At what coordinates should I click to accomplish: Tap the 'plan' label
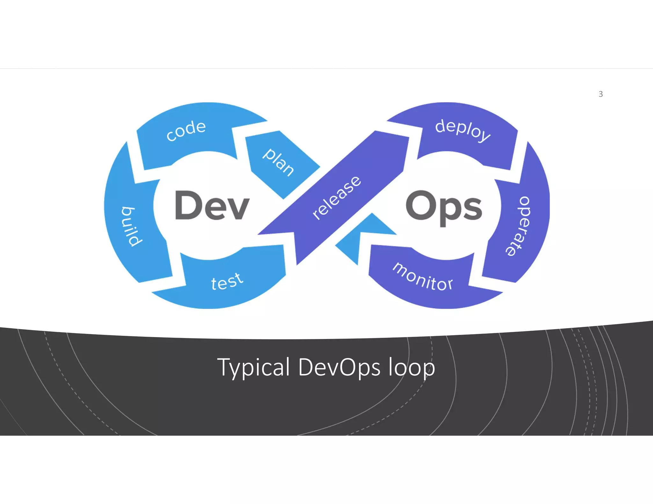278,162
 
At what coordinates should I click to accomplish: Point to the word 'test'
227,281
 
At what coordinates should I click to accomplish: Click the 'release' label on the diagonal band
337,198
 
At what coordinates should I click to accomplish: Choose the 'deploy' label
462,130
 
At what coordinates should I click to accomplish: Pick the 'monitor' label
423,277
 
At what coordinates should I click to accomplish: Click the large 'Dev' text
212,205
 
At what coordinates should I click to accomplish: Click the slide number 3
601,94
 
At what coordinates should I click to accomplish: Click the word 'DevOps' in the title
339,367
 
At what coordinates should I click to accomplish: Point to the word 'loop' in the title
412,368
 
